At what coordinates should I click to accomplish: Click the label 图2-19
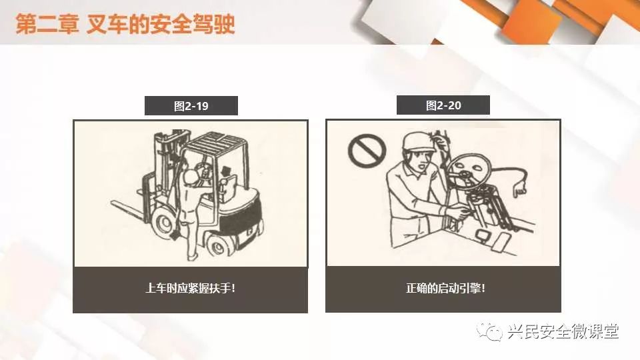(191, 106)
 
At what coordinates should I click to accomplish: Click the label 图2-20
(443, 106)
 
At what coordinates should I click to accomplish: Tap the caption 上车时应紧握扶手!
(190, 288)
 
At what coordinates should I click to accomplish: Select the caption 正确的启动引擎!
(445, 288)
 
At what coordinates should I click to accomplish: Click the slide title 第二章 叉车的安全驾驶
(125, 24)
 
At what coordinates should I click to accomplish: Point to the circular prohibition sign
(367, 151)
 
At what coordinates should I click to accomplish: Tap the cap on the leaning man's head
(417, 141)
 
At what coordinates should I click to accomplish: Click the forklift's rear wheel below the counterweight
(218, 245)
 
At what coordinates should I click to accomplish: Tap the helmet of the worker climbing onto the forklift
(191, 177)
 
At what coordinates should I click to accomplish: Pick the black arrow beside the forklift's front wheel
(175, 234)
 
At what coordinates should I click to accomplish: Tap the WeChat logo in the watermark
(489, 331)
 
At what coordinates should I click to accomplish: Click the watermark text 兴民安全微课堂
(563, 331)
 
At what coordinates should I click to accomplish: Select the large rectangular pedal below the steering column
(501, 243)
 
